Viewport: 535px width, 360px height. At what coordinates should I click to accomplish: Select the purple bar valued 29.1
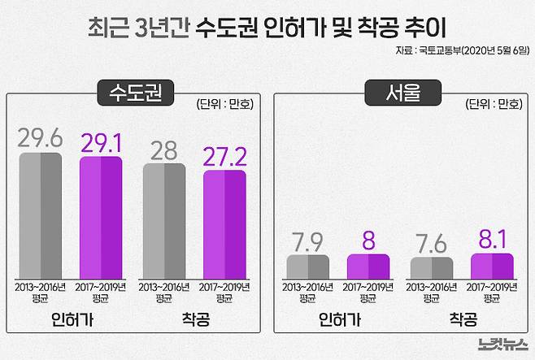click(x=101, y=217)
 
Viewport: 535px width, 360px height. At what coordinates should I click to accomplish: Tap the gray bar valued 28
click(x=164, y=220)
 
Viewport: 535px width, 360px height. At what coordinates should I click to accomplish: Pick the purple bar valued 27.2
click(x=224, y=223)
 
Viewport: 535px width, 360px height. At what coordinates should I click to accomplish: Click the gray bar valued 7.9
click(x=308, y=267)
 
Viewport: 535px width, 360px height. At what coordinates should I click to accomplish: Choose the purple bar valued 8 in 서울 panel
click(x=368, y=267)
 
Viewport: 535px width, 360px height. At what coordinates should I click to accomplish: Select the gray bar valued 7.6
click(x=432, y=268)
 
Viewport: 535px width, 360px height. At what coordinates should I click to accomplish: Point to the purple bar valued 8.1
click(x=492, y=267)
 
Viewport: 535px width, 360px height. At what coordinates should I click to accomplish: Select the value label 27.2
click(x=224, y=155)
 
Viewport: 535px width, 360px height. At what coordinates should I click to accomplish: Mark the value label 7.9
click(x=308, y=241)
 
